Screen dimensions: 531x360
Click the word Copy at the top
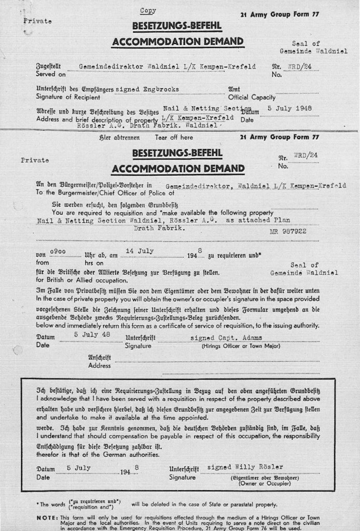148,11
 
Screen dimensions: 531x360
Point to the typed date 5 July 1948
289,108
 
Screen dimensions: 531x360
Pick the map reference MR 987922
288,233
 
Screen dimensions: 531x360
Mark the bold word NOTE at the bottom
47,518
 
